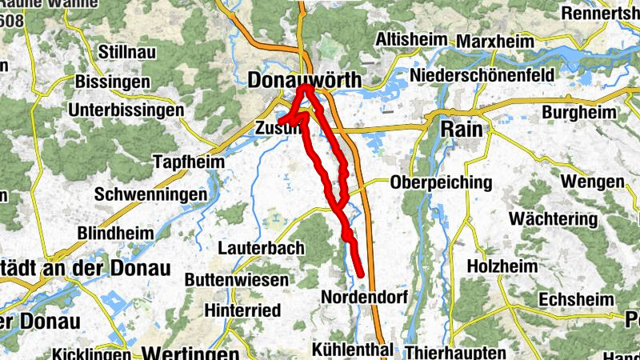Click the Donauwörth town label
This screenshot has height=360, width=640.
[x=305, y=80]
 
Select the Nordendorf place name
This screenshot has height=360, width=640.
[x=364, y=297]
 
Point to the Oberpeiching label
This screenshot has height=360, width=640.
[x=441, y=182]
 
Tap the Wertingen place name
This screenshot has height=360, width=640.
[x=191, y=353]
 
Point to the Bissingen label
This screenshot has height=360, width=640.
[x=112, y=82]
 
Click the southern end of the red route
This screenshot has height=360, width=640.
[x=362, y=274]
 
